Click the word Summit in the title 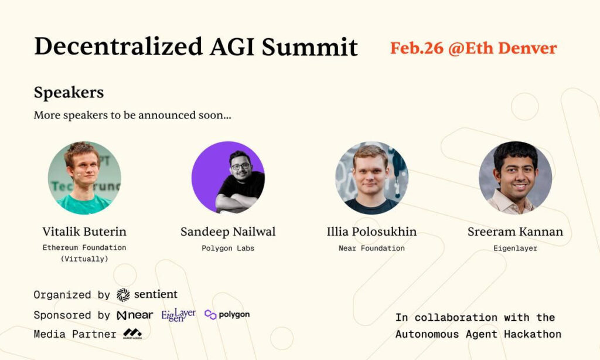309,47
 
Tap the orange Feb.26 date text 417,48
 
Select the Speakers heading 69,93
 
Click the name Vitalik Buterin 84,232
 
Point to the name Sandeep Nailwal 228,232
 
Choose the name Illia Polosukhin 371,232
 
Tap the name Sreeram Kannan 515,232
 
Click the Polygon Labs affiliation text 228,248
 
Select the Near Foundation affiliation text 371,248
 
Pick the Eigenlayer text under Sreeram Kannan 515,248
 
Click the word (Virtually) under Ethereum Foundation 84,259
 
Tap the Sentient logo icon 123,294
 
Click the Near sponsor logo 135,315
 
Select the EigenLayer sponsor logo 178,315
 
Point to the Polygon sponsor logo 227,315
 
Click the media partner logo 132,334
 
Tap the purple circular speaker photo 228,177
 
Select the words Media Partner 75,334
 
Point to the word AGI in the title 232,47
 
